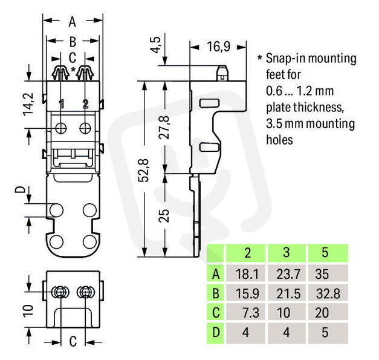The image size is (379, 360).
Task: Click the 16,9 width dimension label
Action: point(218,47)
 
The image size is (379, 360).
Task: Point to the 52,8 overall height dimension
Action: point(143,171)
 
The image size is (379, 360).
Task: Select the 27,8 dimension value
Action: point(164,127)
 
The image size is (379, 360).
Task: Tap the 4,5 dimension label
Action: point(155,45)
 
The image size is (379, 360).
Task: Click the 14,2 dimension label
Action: point(28,104)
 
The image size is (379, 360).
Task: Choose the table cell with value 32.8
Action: point(328,293)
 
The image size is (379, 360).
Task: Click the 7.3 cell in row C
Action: point(251,313)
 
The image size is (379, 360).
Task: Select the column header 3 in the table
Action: point(286,252)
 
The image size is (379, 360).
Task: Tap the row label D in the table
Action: point(216,332)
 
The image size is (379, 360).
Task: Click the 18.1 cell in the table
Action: point(247,274)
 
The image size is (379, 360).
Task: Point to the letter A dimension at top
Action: point(73,22)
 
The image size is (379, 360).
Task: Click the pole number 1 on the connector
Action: point(62,104)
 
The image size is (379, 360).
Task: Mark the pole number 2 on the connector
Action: point(85,104)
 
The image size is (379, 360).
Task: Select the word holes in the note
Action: point(279,140)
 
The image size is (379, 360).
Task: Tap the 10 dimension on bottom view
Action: point(28,310)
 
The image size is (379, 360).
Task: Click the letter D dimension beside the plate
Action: point(20,189)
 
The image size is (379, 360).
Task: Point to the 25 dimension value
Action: point(164,216)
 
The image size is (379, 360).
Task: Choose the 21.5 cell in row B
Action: point(288,293)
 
